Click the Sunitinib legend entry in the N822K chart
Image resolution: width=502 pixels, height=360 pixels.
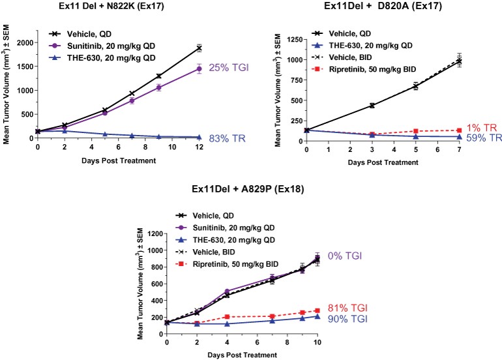[x=95, y=44]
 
